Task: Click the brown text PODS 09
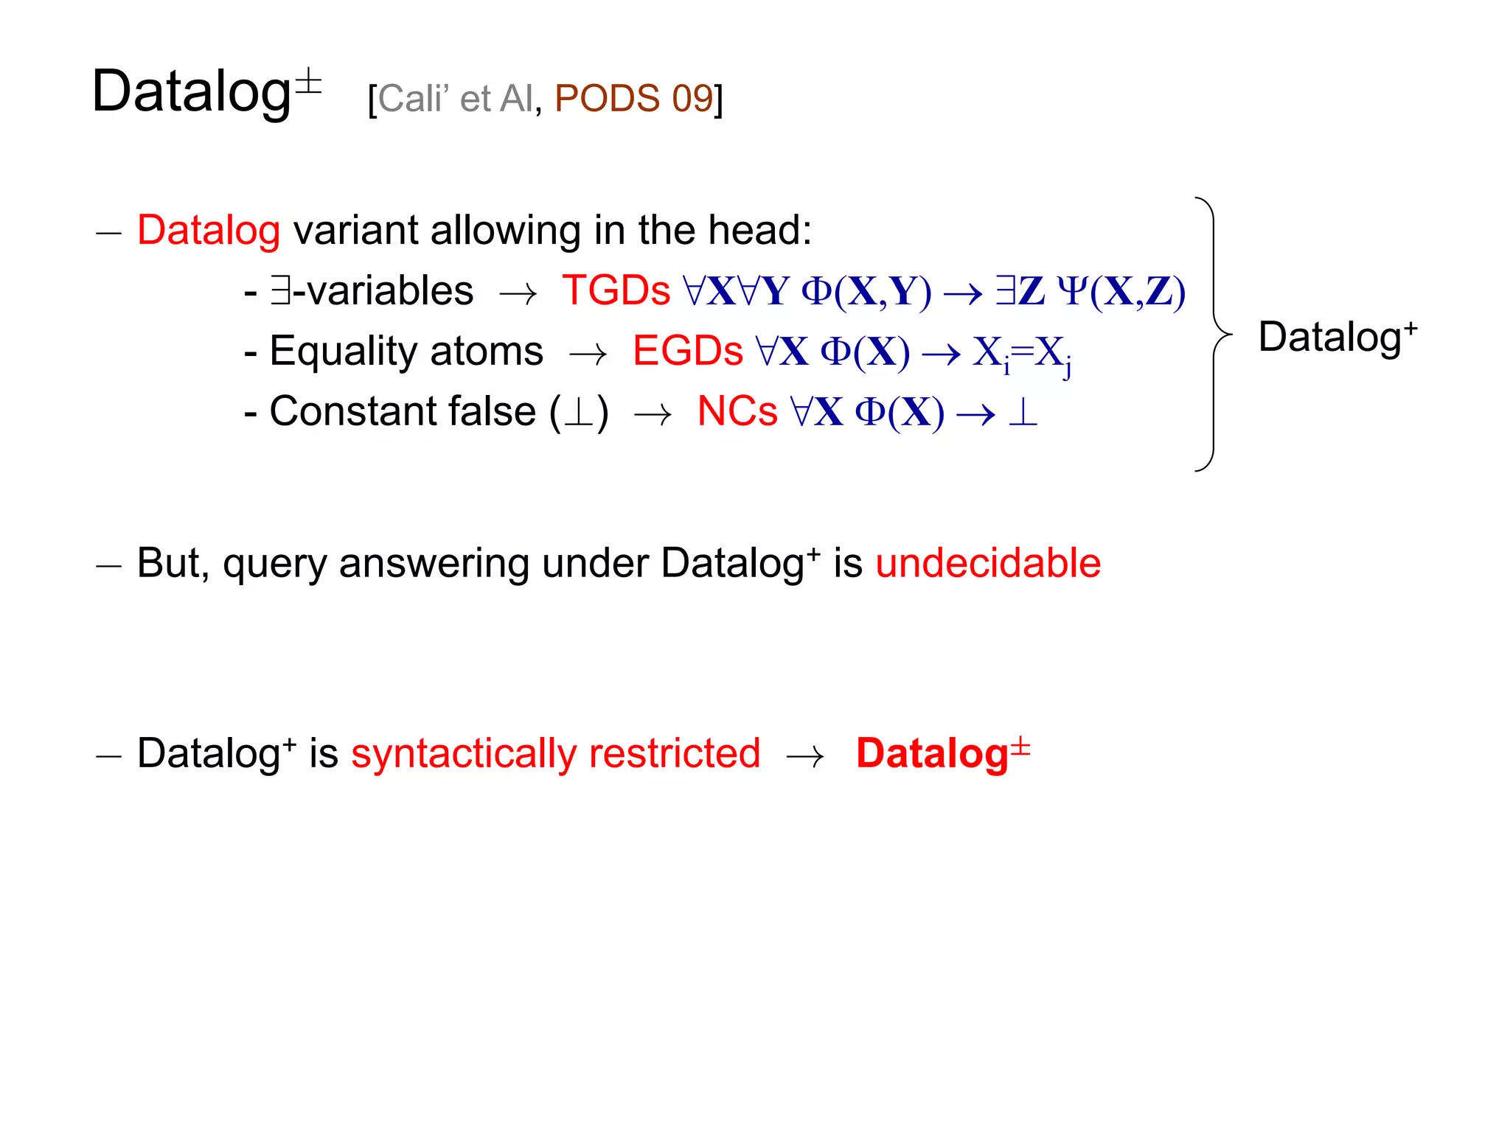pyautogui.click(x=634, y=99)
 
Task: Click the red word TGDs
pyautogui.click(x=616, y=290)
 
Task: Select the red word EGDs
pyautogui.click(x=687, y=351)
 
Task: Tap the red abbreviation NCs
pyautogui.click(x=737, y=411)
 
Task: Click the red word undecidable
pyautogui.click(x=988, y=564)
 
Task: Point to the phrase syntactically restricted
pyautogui.click(x=555, y=754)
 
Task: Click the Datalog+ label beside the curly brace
pyautogui.click(x=1337, y=338)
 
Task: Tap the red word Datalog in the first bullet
pyautogui.click(x=209, y=231)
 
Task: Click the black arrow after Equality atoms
pyautogui.click(x=588, y=355)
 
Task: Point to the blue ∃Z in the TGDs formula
pyautogui.click(x=1020, y=291)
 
